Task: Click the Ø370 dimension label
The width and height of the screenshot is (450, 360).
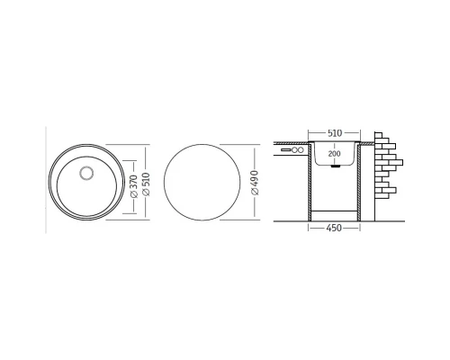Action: click(x=134, y=186)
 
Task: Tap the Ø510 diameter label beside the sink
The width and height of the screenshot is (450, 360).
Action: click(x=146, y=184)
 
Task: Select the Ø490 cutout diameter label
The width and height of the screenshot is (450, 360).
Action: click(x=255, y=183)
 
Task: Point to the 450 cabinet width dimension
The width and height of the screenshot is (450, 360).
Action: click(x=334, y=228)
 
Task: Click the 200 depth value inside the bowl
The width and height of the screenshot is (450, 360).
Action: click(x=334, y=154)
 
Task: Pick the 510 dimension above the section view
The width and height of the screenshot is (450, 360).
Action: click(x=335, y=133)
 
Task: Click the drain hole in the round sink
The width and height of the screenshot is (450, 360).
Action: click(x=86, y=173)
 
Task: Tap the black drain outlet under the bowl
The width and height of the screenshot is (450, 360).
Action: click(x=336, y=166)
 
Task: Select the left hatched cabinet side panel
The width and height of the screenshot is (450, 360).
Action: click(x=310, y=183)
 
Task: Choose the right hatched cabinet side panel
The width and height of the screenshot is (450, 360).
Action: click(x=358, y=183)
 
